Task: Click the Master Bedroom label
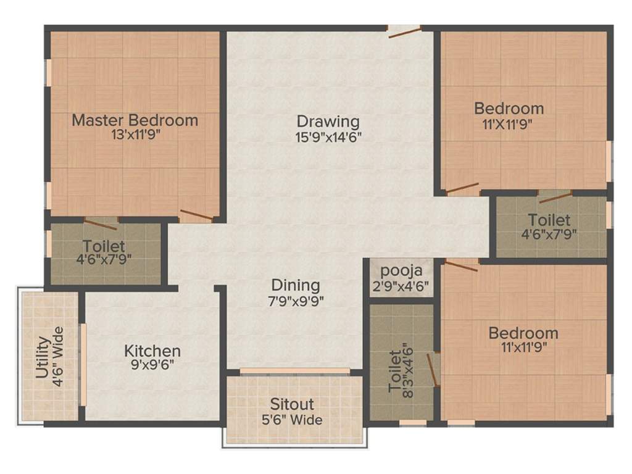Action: pos(135,120)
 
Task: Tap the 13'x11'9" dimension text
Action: pos(135,135)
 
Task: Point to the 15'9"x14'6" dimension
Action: pos(328,136)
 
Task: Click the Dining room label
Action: pos(296,286)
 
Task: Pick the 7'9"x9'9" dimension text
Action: pos(296,301)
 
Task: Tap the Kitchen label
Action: pos(152,351)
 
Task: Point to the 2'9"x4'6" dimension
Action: pos(401,286)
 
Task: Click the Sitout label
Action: pos(292,405)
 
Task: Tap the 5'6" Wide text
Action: pos(292,420)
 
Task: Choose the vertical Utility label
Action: pos(43,360)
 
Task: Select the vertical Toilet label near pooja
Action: pos(394,370)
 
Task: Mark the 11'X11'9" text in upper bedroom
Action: pos(508,123)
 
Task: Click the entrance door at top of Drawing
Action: pos(404,31)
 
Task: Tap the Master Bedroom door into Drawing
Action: pos(196,215)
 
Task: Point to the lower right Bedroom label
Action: pos(523,333)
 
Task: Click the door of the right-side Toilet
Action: pos(555,197)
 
